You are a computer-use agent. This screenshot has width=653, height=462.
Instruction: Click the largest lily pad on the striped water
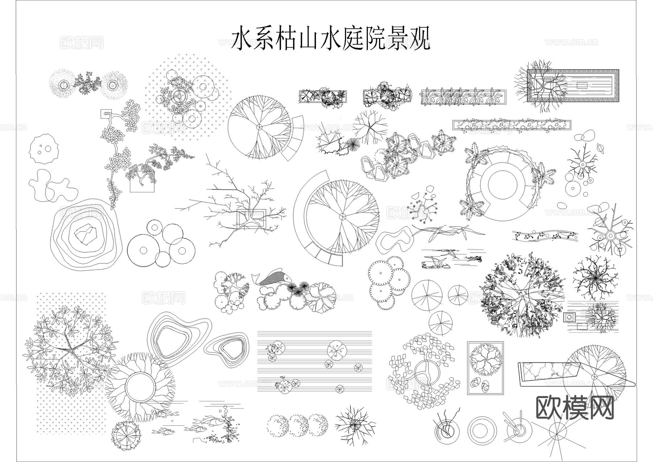point(335,350)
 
